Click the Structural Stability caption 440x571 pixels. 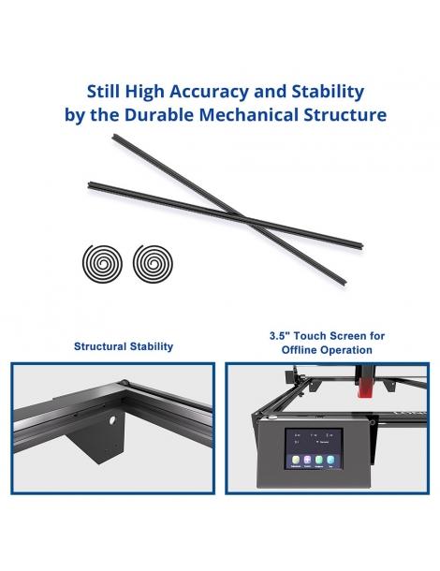click(124, 346)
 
